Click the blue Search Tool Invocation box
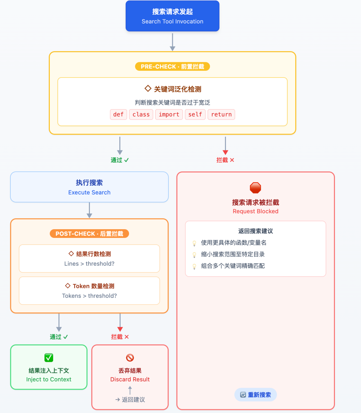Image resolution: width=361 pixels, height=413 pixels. pyautogui.click(x=172, y=16)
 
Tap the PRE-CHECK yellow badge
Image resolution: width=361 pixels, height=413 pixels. pyautogui.click(x=172, y=66)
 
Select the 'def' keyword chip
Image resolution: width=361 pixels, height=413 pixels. pyautogui.click(x=118, y=114)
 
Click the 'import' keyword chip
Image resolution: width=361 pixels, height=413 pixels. pyautogui.click(x=169, y=114)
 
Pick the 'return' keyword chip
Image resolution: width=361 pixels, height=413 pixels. pyautogui.click(x=221, y=114)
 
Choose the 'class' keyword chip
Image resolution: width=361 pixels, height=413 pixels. pyautogui.click(x=141, y=114)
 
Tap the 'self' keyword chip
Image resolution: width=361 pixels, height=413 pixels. pyautogui.click(x=195, y=114)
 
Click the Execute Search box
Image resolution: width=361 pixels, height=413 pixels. pyautogui.click(x=89, y=187)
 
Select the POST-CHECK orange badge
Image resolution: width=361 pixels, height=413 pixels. pyautogui.click(x=89, y=234)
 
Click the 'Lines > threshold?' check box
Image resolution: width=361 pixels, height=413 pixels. pyautogui.click(x=89, y=259)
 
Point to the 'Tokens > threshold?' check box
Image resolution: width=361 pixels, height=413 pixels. pyautogui.click(x=89, y=291)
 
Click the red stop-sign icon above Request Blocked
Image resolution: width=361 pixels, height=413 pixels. pyautogui.click(x=255, y=188)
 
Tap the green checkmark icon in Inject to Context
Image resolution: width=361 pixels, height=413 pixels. pyautogui.click(x=49, y=358)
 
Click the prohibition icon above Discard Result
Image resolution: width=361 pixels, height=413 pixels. pyautogui.click(x=130, y=358)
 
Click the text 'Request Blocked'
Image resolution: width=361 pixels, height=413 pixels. pyautogui.click(x=255, y=211)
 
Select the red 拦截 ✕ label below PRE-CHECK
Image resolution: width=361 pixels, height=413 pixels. pyautogui.click(x=225, y=160)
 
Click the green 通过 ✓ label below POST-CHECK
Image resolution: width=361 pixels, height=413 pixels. pyautogui.click(x=59, y=337)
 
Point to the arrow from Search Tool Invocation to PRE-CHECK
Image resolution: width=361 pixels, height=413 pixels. pyautogui.click(x=172, y=42)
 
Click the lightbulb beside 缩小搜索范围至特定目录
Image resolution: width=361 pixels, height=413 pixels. pyautogui.click(x=194, y=255)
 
